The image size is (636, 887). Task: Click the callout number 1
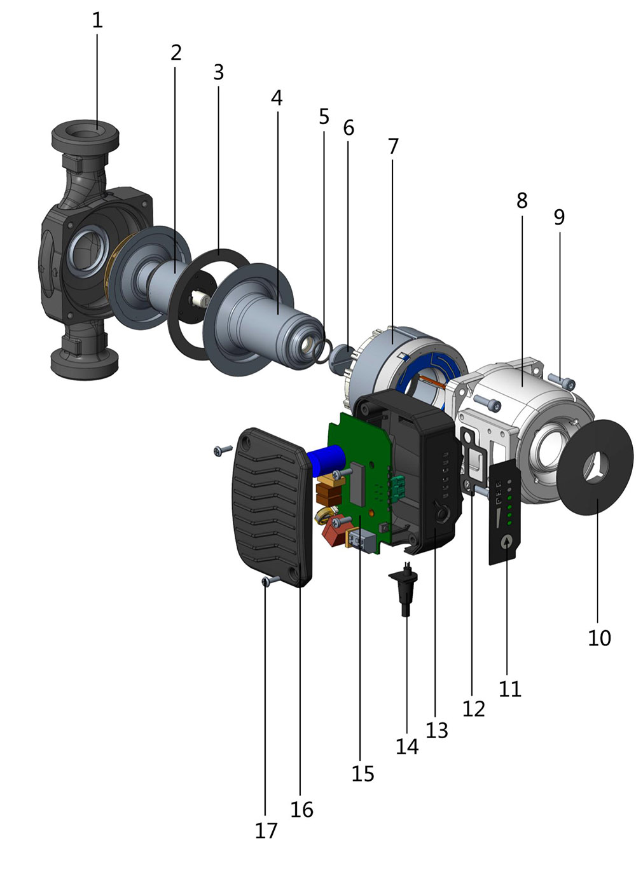(x=97, y=20)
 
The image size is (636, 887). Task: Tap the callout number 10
(x=598, y=638)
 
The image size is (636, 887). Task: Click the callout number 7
(x=392, y=146)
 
